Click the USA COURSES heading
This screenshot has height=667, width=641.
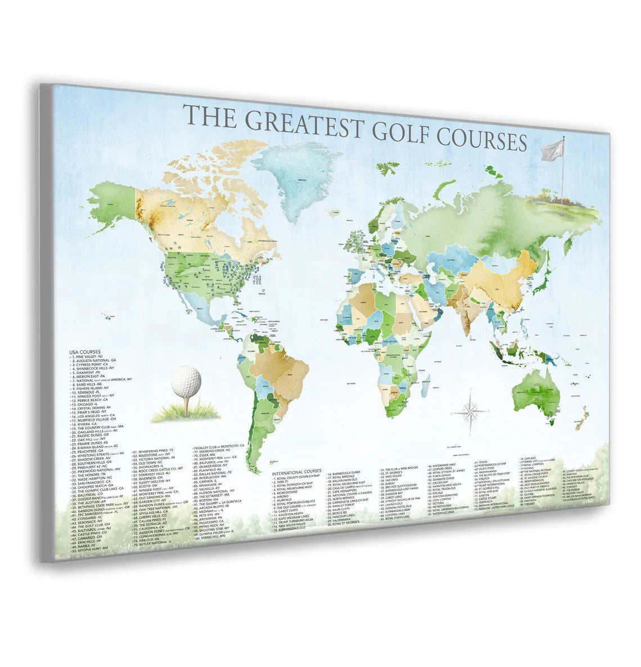point(85,352)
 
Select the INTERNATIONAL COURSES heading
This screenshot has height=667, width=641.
point(296,471)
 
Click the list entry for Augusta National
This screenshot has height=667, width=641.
point(96,360)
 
